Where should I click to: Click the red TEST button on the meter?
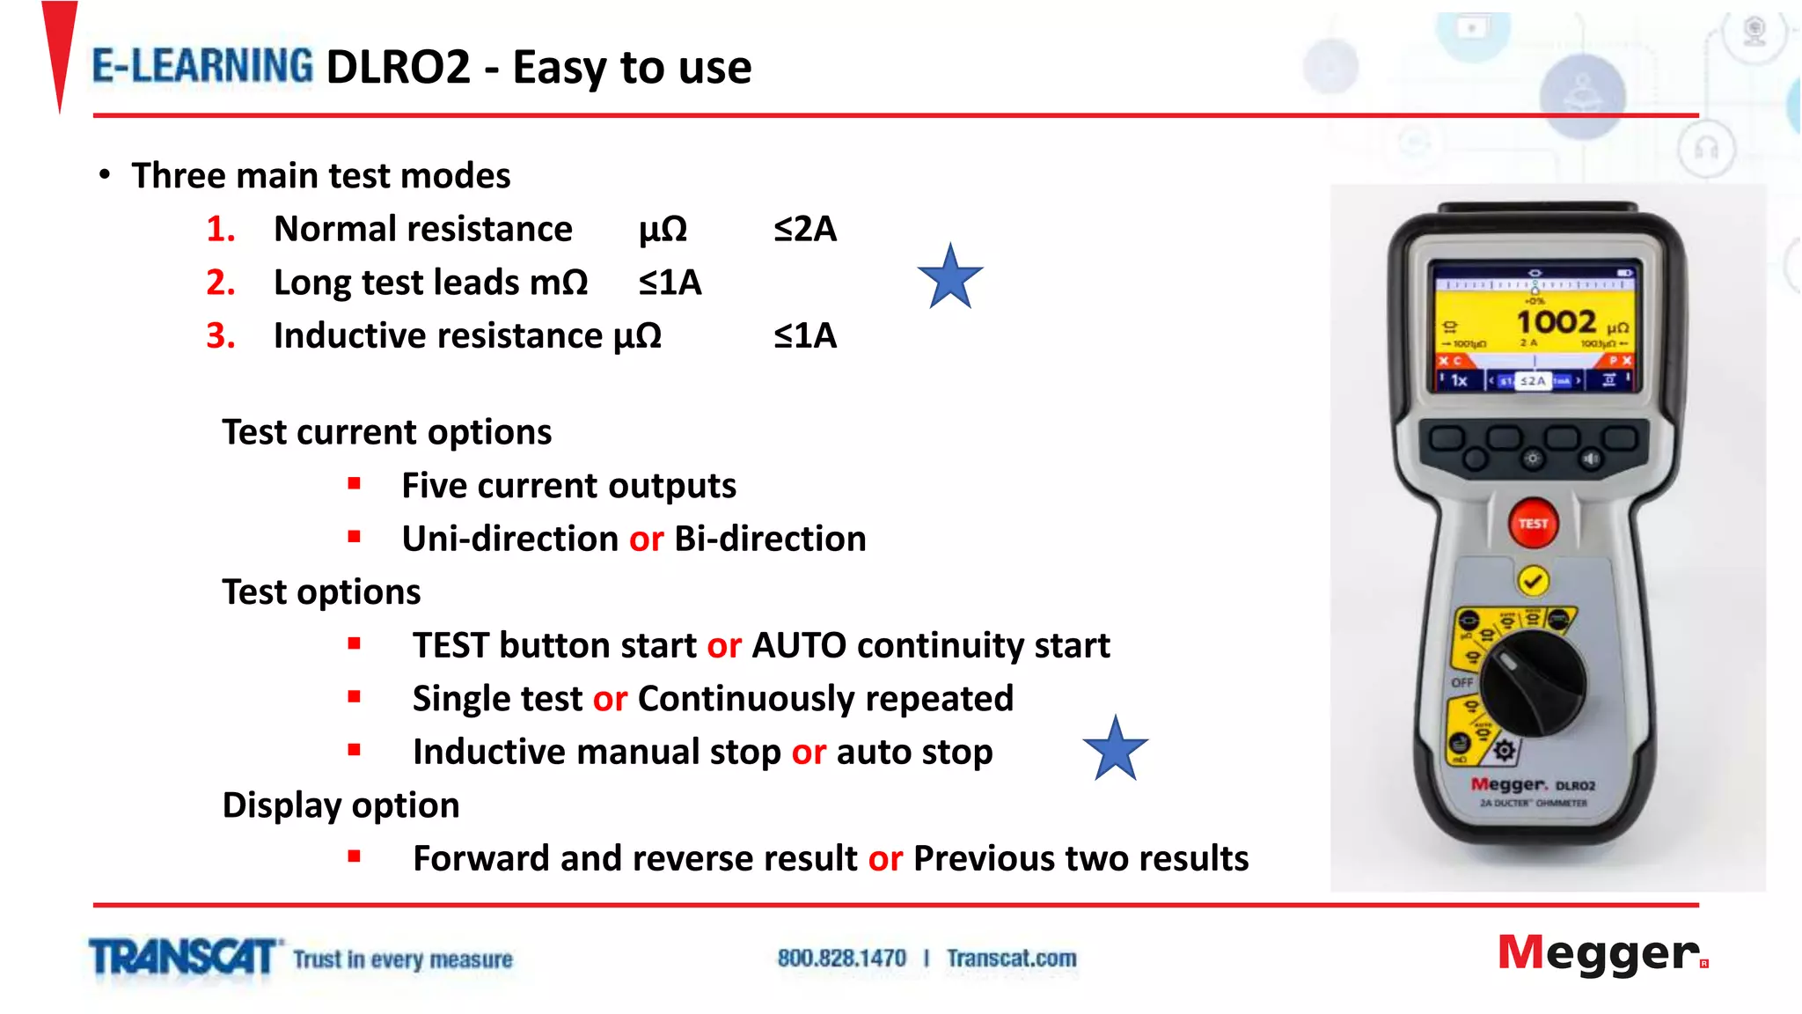tap(1533, 524)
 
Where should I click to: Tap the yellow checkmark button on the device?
tap(1533, 581)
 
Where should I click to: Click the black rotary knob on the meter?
tap(1532, 683)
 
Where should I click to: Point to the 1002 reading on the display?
tap(1556, 322)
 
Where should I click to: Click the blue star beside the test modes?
tap(950, 277)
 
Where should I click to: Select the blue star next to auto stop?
tap(1115, 749)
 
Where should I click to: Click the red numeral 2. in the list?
tap(221, 283)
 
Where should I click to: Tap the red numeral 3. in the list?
tap(221, 336)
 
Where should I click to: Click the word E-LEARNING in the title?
tap(202, 67)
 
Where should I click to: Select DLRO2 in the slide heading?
tap(398, 68)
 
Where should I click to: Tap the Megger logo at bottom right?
tap(1601, 954)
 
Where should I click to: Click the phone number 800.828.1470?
tap(841, 958)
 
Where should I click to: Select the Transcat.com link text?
tap(1011, 958)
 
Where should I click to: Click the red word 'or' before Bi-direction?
tap(646, 539)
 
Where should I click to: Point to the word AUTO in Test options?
tap(798, 645)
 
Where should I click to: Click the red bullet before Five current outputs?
tap(355, 483)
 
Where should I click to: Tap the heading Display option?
tap(341, 805)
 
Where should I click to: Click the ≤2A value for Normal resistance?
tap(805, 229)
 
